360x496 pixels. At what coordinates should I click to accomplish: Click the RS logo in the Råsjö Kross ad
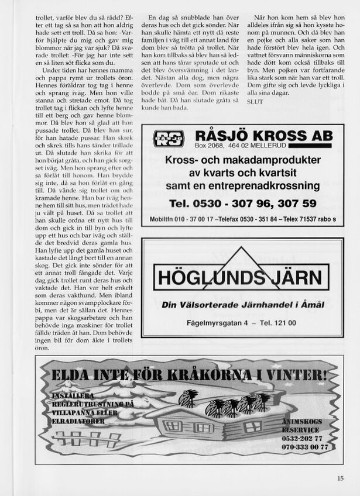pos(169,139)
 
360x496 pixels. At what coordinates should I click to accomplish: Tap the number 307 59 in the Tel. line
pos(297,204)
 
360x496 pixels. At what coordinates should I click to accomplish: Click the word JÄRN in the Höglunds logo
pos(294,277)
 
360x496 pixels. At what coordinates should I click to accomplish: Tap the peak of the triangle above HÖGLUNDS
pos(242,249)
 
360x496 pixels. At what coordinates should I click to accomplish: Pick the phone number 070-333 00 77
pos(305,446)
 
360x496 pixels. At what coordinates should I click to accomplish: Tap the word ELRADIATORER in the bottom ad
pos(78,421)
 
